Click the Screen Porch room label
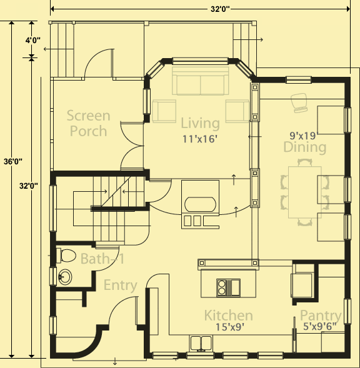tap(89, 123)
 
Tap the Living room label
tap(201, 123)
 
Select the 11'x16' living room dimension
tap(200, 139)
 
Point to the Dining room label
tap(305, 147)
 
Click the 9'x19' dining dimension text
tap(304, 136)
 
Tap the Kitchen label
tap(229, 315)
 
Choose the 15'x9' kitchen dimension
tap(230, 327)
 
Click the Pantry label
tap(321, 316)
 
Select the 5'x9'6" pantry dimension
tap(319, 326)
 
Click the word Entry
tap(120, 286)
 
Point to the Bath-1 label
tap(102, 259)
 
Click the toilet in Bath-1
tap(66, 256)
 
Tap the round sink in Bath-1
tap(65, 277)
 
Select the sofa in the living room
tap(201, 81)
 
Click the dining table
tap(305, 192)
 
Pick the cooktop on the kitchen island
tap(228, 288)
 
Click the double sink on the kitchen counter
tap(201, 344)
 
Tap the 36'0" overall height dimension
tap(13, 162)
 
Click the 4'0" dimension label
tap(33, 41)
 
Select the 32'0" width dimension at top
tap(220, 9)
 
